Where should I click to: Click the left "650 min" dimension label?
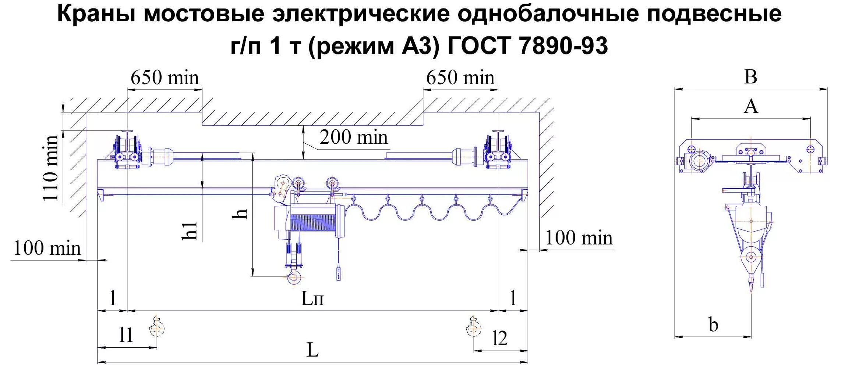165,78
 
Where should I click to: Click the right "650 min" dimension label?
460,78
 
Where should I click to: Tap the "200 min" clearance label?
353,137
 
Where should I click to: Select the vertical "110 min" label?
50,168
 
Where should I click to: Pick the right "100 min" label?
579,238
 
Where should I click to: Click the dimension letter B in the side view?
751,77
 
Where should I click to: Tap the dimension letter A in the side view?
751,107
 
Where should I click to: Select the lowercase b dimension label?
713,325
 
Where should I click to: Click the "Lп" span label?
312,298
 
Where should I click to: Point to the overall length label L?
312,350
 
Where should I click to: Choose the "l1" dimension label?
126,335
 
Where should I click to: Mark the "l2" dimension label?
500,338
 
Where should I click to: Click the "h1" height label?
190,231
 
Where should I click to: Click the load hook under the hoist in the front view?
294,276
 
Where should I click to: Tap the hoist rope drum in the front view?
313,222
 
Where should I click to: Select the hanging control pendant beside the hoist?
339,274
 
